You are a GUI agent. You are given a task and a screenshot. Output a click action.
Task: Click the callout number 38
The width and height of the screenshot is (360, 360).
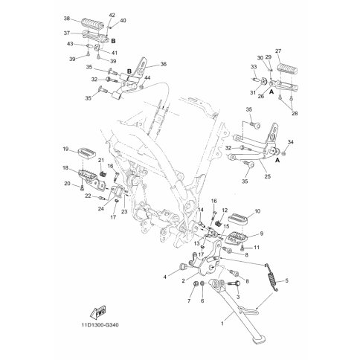coord(67,19)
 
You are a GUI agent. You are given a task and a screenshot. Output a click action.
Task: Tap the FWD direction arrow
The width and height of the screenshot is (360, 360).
coord(97,312)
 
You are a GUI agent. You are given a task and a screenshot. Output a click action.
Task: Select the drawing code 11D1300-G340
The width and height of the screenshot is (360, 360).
coord(100,324)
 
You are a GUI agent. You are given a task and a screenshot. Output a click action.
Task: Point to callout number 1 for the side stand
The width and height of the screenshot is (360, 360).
coord(222,324)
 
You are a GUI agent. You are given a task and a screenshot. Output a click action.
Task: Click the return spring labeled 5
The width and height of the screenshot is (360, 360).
coord(272,277)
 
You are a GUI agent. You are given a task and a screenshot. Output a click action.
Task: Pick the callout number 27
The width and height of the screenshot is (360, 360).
coord(278,51)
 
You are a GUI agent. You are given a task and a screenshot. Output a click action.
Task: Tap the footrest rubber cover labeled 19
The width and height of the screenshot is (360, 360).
coord(87,152)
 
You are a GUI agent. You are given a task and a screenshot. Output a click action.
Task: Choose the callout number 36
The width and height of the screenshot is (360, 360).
coord(163,64)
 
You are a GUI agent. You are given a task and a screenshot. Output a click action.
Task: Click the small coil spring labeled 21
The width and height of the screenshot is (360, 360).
coord(103,174)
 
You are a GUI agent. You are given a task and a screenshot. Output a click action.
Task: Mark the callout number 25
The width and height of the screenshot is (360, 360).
coord(268,176)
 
